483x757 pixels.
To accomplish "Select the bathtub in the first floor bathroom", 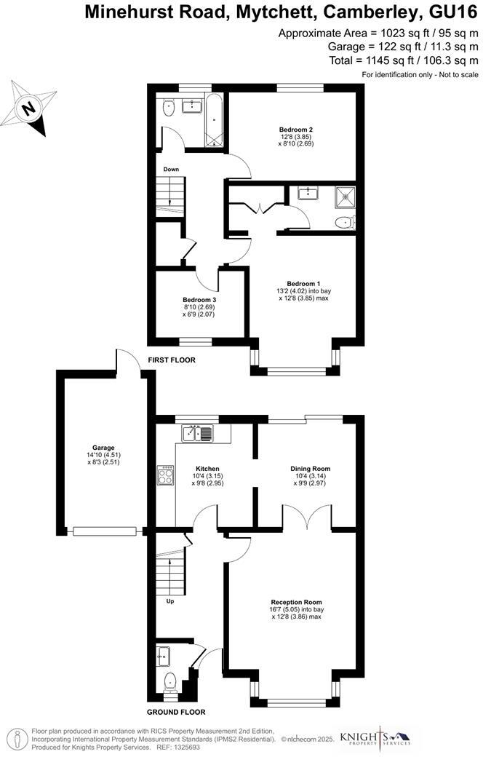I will (x=215, y=120).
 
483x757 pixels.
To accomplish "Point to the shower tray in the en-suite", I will (x=343, y=194).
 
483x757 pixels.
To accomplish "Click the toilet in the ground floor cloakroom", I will (x=170, y=683).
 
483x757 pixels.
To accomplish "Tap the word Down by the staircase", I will (x=171, y=170).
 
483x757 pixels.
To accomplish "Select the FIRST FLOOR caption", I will (x=172, y=360).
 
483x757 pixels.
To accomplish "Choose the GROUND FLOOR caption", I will (x=176, y=712).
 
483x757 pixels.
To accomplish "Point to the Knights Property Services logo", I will (x=381, y=737).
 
